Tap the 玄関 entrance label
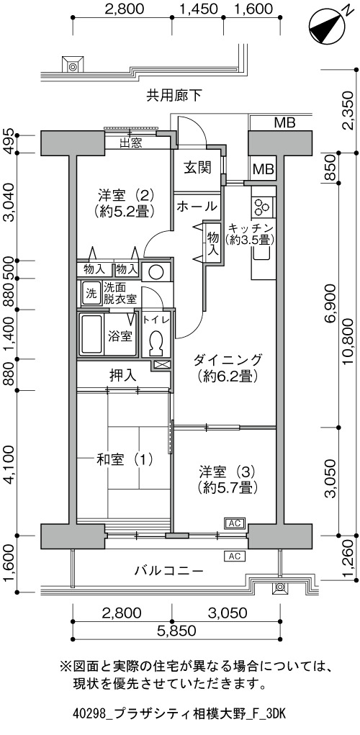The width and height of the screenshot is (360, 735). coord(196,167)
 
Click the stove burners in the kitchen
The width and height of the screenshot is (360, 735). coord(263,205)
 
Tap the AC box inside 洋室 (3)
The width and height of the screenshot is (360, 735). coord(235,523)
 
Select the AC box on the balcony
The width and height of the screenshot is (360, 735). coord(235,556)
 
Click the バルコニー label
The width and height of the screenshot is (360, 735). coord(169,572)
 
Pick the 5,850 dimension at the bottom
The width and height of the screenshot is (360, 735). coord(176,631)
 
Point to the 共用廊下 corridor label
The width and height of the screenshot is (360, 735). coord(174,96)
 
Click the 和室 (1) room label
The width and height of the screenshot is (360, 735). coord(125,459)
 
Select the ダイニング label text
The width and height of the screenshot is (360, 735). coord(227,360)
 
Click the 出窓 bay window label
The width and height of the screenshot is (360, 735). coord(131,143)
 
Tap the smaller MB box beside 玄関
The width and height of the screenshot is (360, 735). coord(264,168)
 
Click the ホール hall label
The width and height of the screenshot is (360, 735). coord(197,206)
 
